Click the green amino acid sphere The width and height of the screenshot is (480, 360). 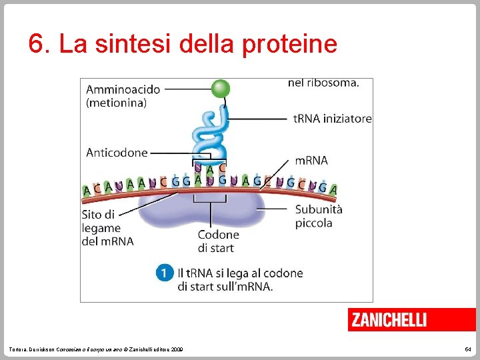coord(220,89)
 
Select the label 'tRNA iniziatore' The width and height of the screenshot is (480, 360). coord(332,119)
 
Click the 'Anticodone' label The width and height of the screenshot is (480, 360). coord(117,153)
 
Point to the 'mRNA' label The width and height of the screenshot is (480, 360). coord(311,160)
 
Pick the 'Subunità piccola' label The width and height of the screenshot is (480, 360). coord(319,215)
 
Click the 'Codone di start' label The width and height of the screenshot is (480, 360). coord(218,241)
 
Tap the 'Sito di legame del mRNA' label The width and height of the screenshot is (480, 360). coord(107,228)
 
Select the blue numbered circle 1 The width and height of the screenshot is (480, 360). coord(164,273)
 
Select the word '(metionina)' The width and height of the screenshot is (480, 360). coord(116,103)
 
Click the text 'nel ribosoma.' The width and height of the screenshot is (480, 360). coord(323,83)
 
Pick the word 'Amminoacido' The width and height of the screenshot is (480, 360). coord(123,89)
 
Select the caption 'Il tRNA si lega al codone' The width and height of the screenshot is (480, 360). coord(240,273)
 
